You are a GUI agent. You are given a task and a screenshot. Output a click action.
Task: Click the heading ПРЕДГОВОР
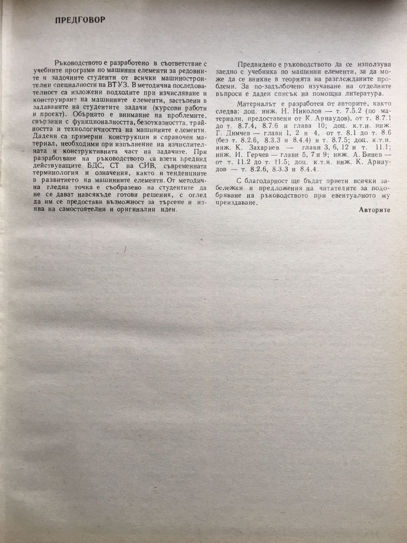click(80, 20)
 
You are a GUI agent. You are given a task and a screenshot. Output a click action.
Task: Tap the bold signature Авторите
click(374, 210)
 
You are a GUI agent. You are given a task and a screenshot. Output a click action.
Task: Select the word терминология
click(56, 173)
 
